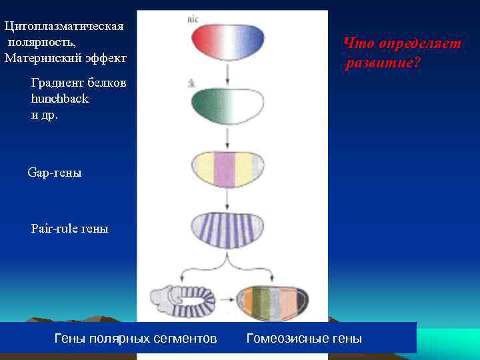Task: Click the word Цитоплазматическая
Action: point(64,26)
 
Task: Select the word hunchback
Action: point(60,99)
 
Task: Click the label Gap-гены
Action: point(55,173)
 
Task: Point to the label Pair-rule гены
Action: point(69,229)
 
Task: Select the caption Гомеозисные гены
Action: point(304,339)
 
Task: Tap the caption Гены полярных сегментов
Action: point(135,339)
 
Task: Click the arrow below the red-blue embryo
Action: point(228,74)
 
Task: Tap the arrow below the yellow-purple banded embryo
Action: point(228,198)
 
